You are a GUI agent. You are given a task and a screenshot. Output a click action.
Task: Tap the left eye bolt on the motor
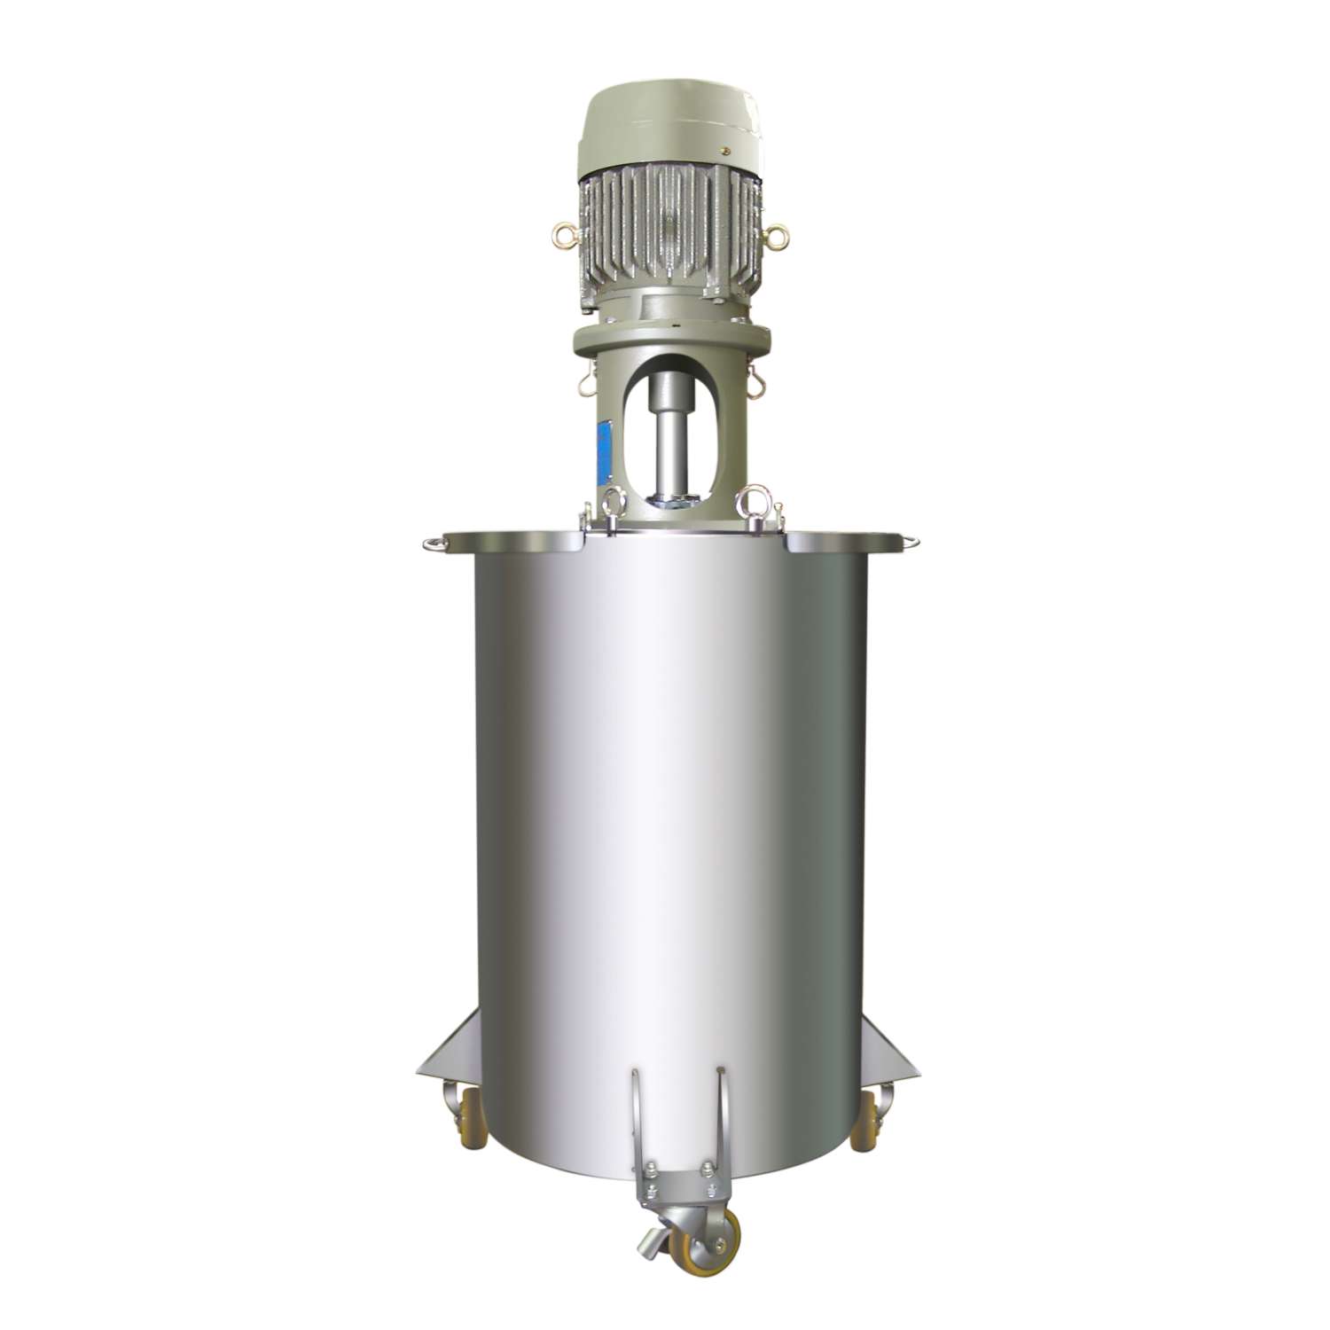pos(562,233)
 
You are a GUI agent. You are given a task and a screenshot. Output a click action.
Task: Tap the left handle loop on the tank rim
pos(432,543)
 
